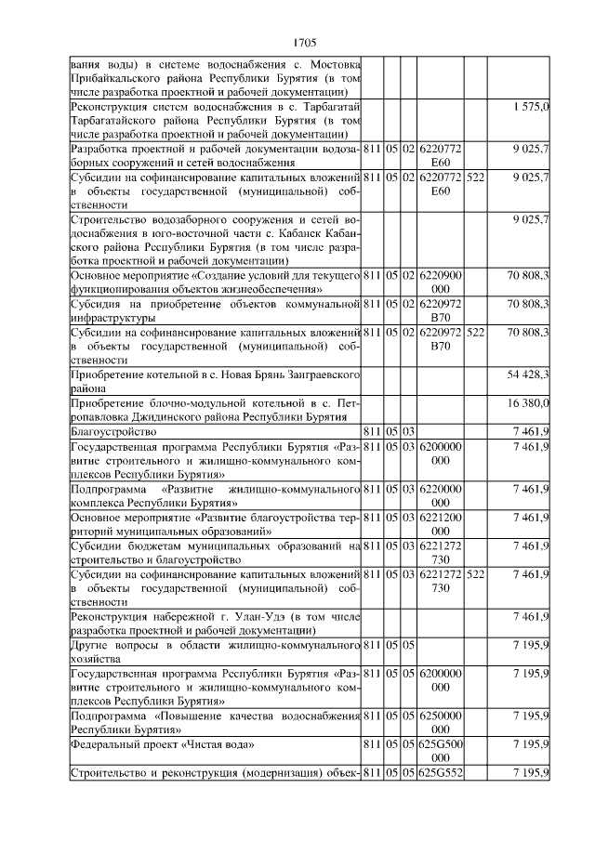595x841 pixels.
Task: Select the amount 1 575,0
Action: tap(532, 109)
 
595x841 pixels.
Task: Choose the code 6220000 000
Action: tap(442, 495)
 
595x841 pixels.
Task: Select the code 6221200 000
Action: tap(442, 524)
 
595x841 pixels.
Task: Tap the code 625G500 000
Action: tap(442, 751)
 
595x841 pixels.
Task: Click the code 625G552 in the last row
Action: tap(442, 773)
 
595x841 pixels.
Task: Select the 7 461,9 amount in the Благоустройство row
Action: tap(532, 432)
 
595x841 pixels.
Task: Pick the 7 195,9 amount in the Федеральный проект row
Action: tap(532, 744)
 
